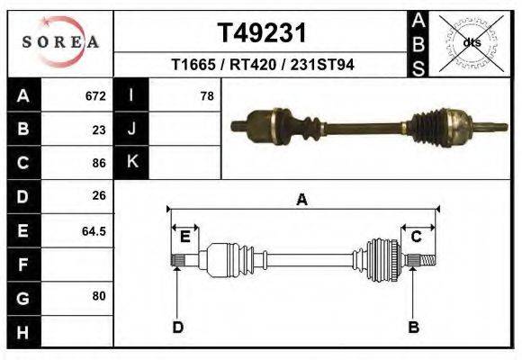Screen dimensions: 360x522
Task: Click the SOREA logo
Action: [60, 42]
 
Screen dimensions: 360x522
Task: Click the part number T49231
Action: [262, 32]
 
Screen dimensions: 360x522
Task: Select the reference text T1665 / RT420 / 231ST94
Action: [262, 64]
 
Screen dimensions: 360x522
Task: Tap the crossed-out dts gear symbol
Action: [472, 42]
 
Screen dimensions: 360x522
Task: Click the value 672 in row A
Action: [95, 95]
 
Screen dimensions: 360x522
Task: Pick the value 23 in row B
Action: [99, 129]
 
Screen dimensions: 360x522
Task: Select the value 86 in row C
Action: [99, 163]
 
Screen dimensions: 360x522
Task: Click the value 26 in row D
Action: [99, 195]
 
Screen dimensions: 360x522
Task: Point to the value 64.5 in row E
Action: [94, 230]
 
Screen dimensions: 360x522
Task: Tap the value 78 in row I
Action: [206, 95]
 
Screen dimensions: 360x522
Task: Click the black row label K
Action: [131, 162]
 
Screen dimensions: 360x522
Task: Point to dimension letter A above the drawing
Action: [301, 200]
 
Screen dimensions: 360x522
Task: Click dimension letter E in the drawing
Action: [184, 237]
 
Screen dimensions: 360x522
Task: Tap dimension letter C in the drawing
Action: [417, 237]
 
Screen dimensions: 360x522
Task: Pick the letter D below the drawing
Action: [177, 327]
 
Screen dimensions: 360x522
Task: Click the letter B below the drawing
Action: [413, 327]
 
